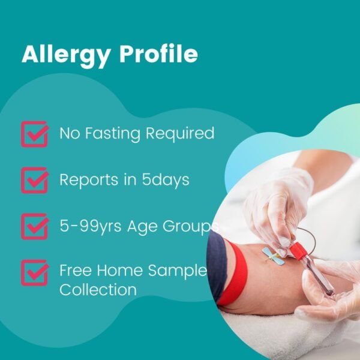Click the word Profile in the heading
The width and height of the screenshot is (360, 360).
pyautogui.click(x=158, y=55)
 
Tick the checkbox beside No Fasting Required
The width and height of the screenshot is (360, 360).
pyautogui.click(x=34, y=134)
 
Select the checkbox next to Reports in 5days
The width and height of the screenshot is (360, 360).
pyautogui.click(x=34, y=180)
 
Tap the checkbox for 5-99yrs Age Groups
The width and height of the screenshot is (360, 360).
pyautogui.click(x=34, y=226)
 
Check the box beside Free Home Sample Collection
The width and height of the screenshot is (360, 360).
pyautogui.click(x=34, y=272)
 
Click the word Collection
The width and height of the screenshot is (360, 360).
pyautogui.click(x=98, y=290)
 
